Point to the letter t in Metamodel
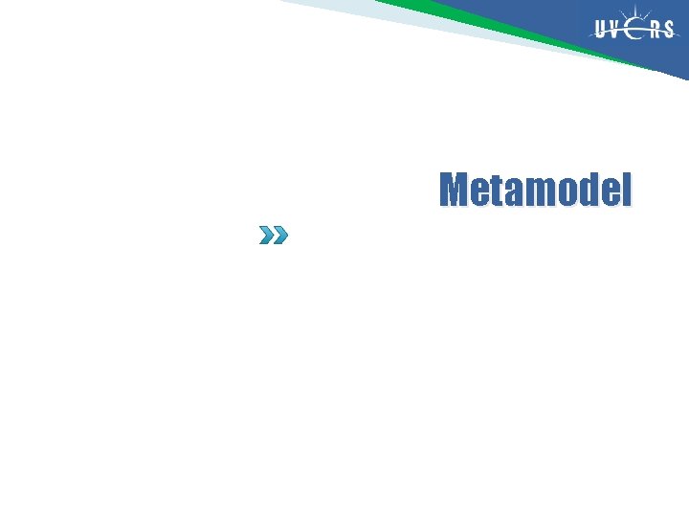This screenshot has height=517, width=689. (x=493, y=191)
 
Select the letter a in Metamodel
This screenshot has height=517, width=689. (x=509, y=193)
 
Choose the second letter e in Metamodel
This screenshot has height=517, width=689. (x=605, y=193)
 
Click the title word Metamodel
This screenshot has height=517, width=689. (x=536, y=191)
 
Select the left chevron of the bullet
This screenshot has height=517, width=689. (x=267, y=235)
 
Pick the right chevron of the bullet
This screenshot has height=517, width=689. (x=279, y=235)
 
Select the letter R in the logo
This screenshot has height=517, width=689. (x=656, y=30)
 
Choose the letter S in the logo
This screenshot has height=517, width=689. (x=669, y=30)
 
